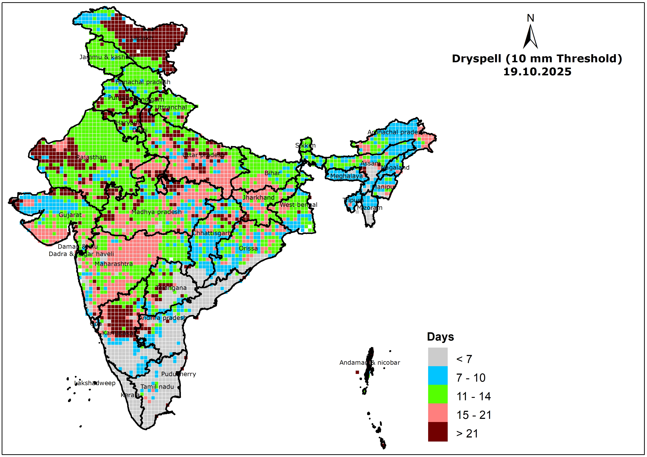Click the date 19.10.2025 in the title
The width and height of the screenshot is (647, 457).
537,72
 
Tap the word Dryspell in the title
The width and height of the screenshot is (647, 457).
476,59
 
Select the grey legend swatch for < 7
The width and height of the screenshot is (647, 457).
438,357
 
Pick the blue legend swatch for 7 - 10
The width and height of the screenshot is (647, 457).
438,375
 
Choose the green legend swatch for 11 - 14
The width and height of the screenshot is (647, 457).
438,394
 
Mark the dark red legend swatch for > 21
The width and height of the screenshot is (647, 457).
438,431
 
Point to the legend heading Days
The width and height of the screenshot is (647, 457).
440,337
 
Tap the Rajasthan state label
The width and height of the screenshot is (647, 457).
91,157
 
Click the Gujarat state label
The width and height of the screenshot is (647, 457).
70,215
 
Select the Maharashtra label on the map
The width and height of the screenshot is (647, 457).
114,264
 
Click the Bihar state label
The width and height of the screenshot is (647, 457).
272,173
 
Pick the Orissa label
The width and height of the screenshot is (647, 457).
248,248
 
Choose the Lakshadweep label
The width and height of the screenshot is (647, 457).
95,383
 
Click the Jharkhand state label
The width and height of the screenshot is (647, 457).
258,198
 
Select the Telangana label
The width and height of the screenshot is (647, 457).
171,288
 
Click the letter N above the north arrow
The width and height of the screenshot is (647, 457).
530,18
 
